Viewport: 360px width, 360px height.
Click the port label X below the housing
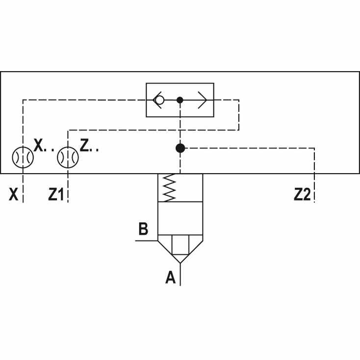13,194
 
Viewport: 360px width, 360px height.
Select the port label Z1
56,194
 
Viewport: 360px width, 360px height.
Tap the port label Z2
302,194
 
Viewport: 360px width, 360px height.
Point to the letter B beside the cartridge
144,229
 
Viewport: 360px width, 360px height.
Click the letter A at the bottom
170,277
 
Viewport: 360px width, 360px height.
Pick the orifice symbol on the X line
23,157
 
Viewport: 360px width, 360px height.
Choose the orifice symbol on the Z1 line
68,157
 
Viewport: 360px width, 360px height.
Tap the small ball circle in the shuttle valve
159,100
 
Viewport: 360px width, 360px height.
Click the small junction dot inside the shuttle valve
180,100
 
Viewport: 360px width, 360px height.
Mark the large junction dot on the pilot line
180,148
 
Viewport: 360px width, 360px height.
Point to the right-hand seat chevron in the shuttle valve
203,100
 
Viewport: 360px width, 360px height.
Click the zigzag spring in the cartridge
169,188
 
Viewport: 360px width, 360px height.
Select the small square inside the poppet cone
180,245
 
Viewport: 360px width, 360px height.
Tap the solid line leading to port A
180,274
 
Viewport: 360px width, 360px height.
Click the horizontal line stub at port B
147,241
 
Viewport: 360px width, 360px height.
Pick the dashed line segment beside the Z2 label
314,188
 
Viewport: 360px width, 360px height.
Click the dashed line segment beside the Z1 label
68,188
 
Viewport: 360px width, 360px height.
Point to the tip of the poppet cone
180,263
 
